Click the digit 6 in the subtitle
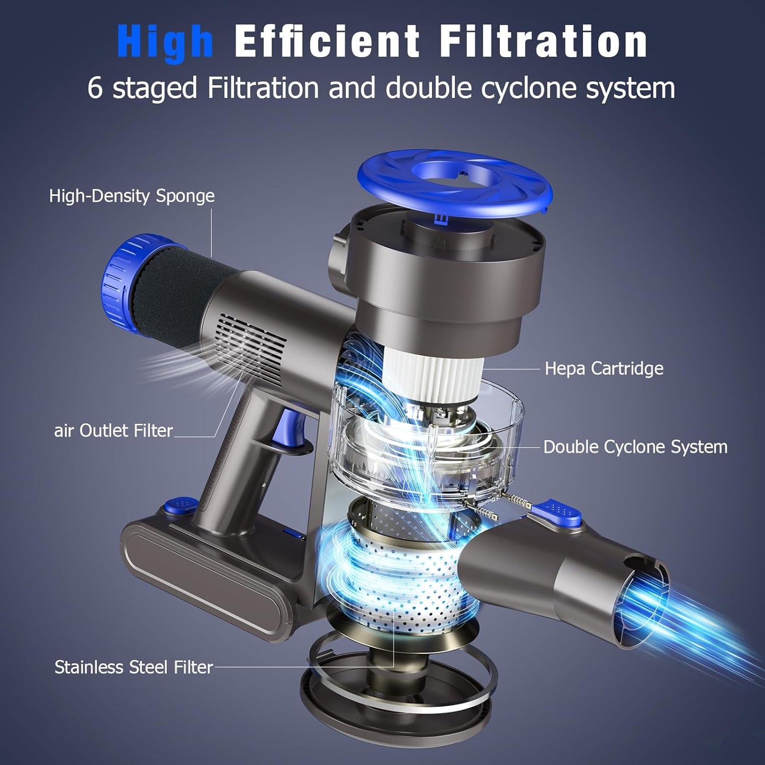(95, 88)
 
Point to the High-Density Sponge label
(132, 196)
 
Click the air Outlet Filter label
(113, 430)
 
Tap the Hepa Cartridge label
(604, 368)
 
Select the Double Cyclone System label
(635, 447)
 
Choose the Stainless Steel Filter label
(133, 667)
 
